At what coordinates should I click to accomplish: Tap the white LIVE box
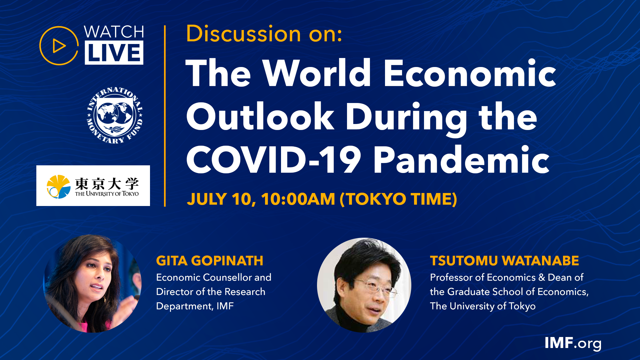pyautogui.click(x=114, y=53)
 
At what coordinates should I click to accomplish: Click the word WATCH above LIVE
pyautogui.click(x=114, y=32)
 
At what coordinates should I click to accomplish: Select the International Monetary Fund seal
pyautogui.click(x=115, y=115)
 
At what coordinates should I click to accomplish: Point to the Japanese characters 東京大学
pyautogui.click(x=107, y=183)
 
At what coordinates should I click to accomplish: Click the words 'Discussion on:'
pyautogui.click(x=264, y=34)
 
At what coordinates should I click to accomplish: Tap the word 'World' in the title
pyautogui.click(x=317, y=73)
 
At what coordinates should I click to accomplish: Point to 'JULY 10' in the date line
pyautogui.click(x=221, y=199)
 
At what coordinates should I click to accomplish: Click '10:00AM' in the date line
pyautogui.click(x=298, y=199)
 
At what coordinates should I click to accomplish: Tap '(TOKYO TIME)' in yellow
pyautogui.click(x=398, y=199)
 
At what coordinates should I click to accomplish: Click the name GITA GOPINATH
pyautogui.click(x=210, y=261)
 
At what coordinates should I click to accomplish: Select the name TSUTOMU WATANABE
pyautogui.click(x=504, y=261)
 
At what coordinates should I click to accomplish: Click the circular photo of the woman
pyautogui.click(x=92, y=284)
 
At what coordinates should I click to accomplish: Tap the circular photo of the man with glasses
pyautogui.click(x=364, y=285)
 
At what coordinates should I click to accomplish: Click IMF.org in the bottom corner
pyautogui.click(x=573, y=343)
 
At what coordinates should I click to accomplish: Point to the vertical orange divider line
pyautogui.click(x=165, y=116)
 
